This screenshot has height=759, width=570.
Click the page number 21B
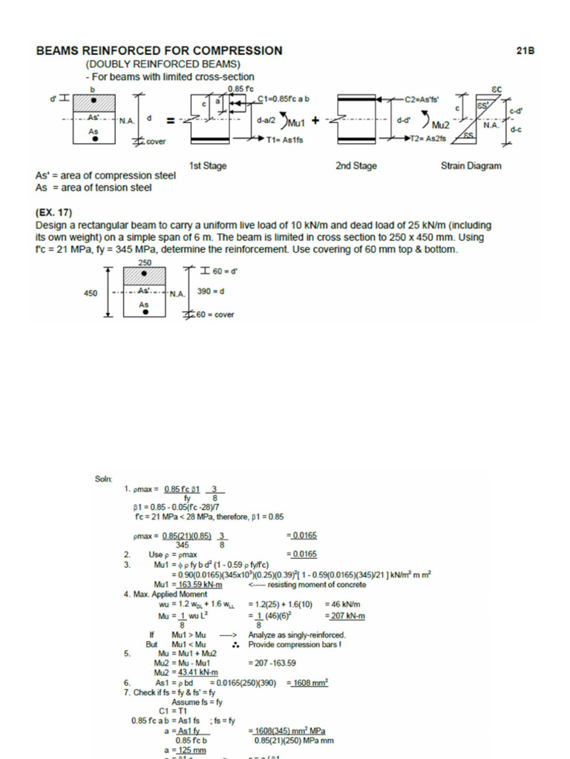525,51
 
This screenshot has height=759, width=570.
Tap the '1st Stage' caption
209,166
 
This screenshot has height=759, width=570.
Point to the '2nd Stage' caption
354,166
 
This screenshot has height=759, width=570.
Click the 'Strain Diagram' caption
471,166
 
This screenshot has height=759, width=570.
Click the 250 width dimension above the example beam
145,263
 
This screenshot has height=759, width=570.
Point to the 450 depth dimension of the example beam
91,293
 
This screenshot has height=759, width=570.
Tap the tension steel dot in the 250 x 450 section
145,313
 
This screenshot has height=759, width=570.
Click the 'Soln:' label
103,480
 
